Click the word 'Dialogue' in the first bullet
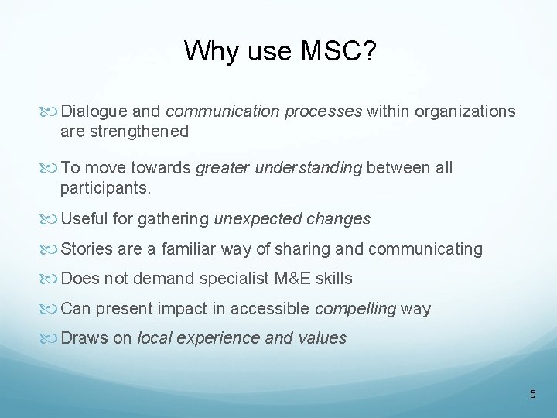(94, 112)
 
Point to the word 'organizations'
(465, 112)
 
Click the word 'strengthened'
(124, 132)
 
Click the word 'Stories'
(86, 249)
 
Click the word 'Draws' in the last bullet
(83, 337)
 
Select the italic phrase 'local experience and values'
(241, 337)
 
